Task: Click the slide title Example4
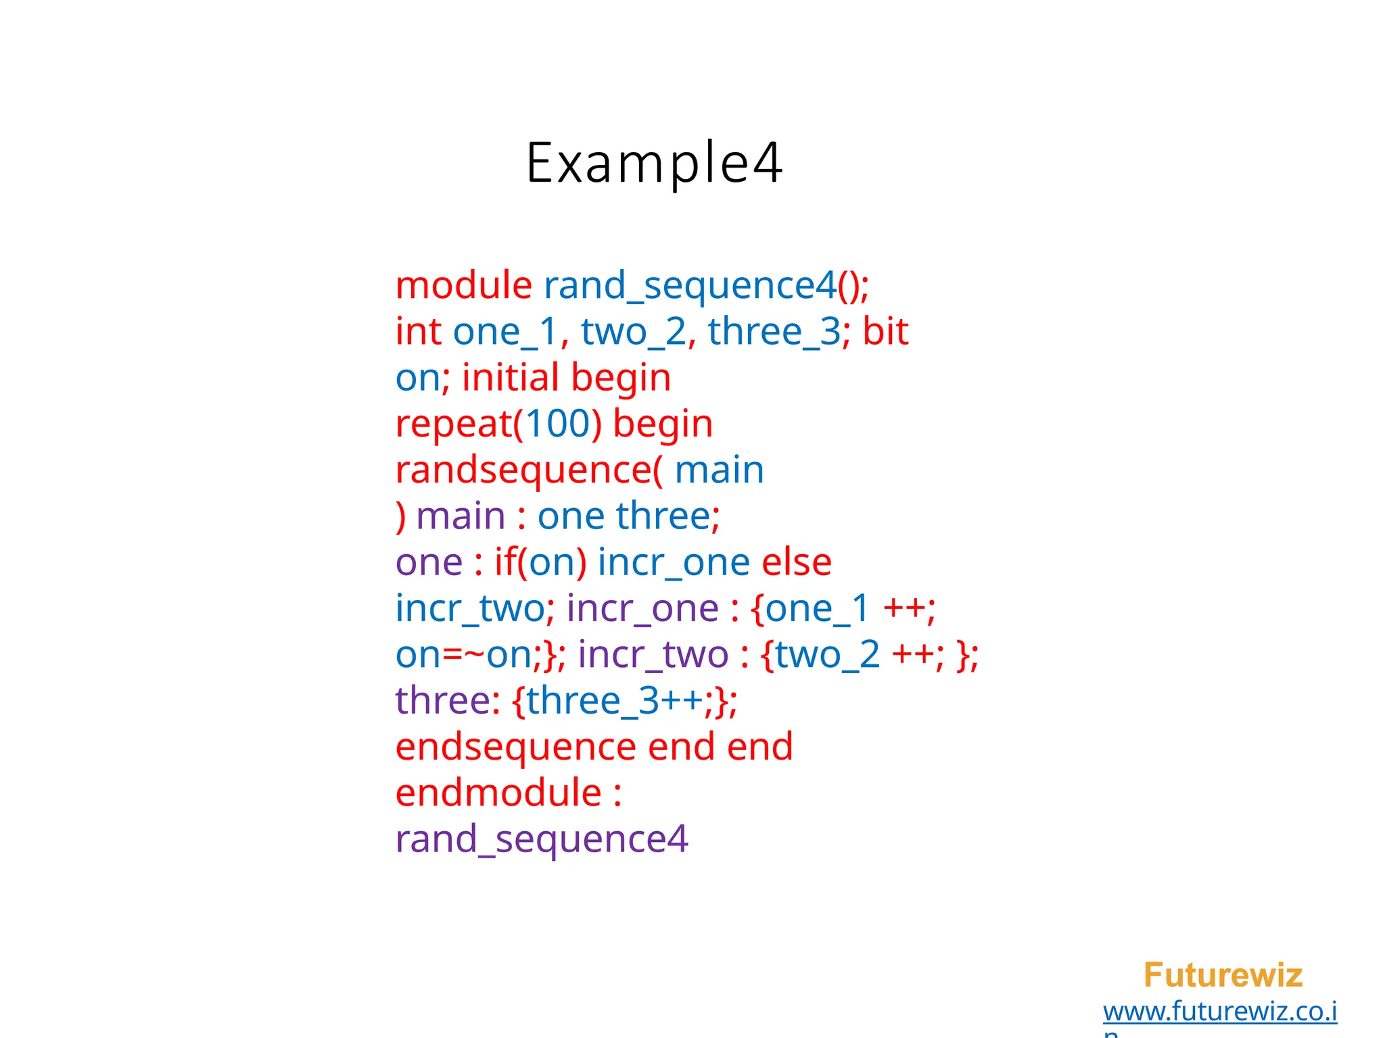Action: pos(654,162)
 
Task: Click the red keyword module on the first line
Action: pos(463,285)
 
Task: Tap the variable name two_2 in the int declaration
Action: pos(633,332)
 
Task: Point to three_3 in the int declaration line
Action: pos(774,332)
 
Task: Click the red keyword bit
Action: pos(885,331)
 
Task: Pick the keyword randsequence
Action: pos(524,470)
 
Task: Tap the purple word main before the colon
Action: pos(461,516)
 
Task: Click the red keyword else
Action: pos(796,562)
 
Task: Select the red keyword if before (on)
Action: pos(504,562)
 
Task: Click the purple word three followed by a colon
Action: pos(443,701)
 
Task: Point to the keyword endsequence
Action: pos(515,747)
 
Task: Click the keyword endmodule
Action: pos(498,793)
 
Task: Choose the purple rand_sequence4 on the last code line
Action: pos(541,840)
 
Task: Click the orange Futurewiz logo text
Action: pos(1223,975)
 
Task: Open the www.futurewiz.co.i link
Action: pos(1219,1012)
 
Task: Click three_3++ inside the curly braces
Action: pos(614,701)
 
